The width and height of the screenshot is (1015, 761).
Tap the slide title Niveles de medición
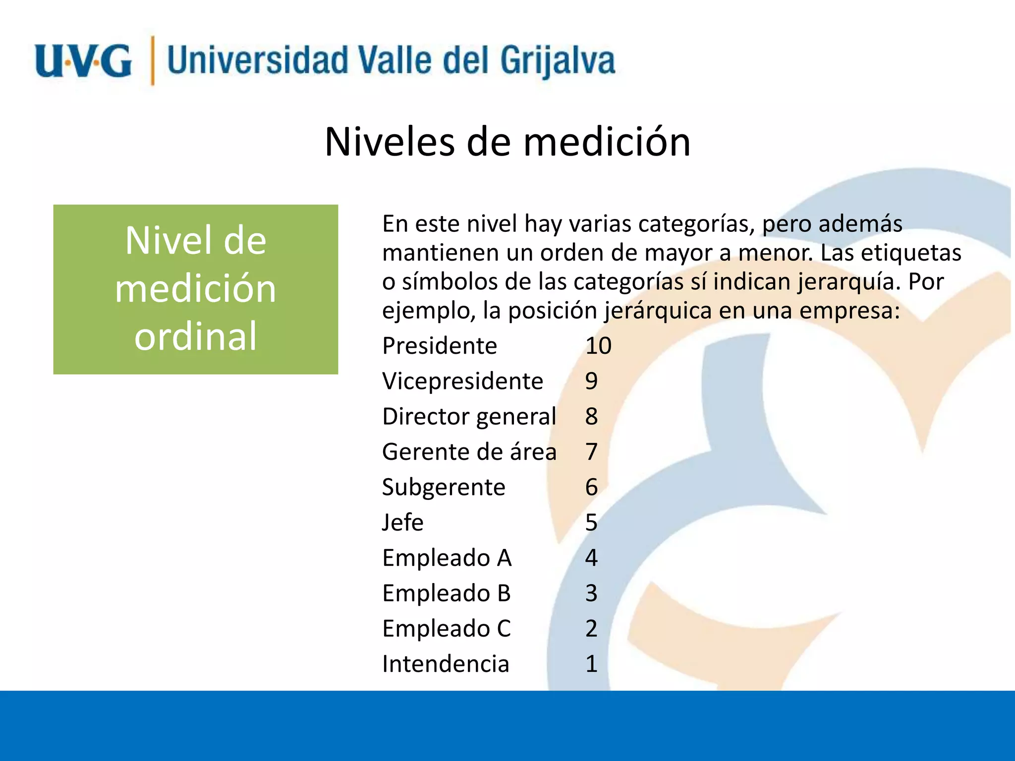tap(507, 142)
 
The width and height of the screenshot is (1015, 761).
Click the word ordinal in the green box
tap(196, 336)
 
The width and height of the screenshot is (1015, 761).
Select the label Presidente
tap(439, 346)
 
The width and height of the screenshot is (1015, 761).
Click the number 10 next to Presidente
tap(598, 346)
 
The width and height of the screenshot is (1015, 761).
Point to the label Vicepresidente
tap(462, 381)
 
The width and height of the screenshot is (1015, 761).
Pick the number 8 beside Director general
tap(591, 417)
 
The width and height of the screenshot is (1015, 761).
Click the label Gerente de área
tap(469, 452)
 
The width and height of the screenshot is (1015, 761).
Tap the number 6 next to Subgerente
tap(591, 488)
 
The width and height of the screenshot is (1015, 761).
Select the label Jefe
tap(402, 523)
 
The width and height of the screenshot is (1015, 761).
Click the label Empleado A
tap(447, 558)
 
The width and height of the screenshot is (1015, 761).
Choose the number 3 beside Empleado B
tap(591, 594)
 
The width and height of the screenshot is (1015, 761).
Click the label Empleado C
tap(446, 629)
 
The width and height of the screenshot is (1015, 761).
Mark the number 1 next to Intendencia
tap(591, 664)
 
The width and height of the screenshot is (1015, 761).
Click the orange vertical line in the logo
tap(152, 60)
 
